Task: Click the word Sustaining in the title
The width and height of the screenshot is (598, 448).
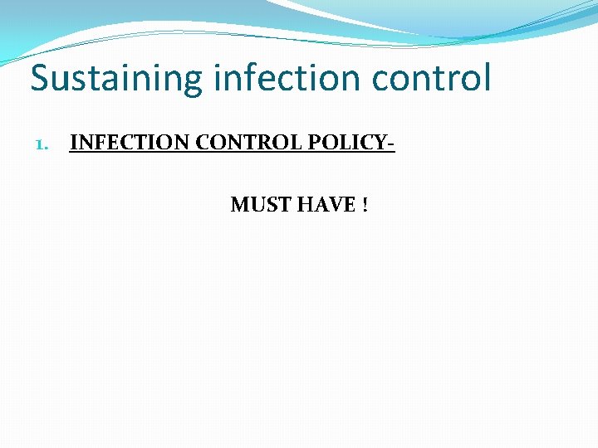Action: coord(116,80)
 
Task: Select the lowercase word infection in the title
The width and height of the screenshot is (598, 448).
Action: coord(288,78)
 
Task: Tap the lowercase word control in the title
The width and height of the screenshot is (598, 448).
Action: coord(432,78)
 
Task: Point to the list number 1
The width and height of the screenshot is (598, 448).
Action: coord(42,144)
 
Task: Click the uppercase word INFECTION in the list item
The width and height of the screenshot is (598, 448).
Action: coord(130,143)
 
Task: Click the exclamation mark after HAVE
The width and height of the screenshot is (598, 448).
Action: coord(364,204)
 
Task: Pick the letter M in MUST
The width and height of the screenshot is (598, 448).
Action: coord(239,204)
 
